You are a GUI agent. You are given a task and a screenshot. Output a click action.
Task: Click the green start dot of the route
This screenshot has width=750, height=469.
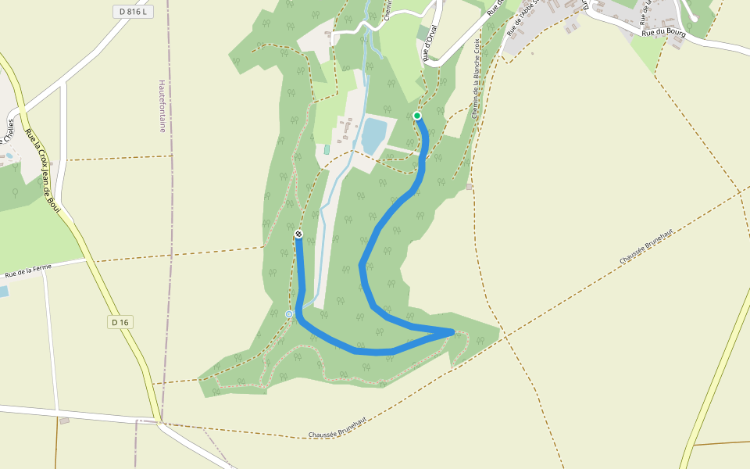(417, 116)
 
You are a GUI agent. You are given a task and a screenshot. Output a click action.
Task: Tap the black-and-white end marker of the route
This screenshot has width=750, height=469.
(298, 234)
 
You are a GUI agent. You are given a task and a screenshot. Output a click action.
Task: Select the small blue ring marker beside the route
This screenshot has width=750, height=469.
(289, 314)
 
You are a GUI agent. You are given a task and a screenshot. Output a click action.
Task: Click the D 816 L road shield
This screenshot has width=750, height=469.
(133, 12)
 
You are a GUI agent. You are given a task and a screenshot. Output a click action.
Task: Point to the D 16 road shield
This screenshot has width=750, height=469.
(120, 322)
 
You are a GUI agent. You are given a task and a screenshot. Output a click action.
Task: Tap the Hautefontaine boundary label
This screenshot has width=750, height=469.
(162, 106)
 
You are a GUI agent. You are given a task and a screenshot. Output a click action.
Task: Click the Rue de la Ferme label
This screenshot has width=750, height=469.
(27, 272)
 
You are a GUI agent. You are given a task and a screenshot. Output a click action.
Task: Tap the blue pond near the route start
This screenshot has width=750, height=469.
(373, 134)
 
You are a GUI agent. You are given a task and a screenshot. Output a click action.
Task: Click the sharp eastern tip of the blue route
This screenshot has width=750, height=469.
(452, 332)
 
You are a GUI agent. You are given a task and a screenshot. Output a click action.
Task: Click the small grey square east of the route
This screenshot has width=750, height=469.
(469, 187)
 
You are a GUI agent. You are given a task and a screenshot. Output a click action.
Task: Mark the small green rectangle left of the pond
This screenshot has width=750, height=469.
(327, 149)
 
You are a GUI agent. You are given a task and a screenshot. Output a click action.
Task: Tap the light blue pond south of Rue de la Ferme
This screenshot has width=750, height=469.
(2, 292)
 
